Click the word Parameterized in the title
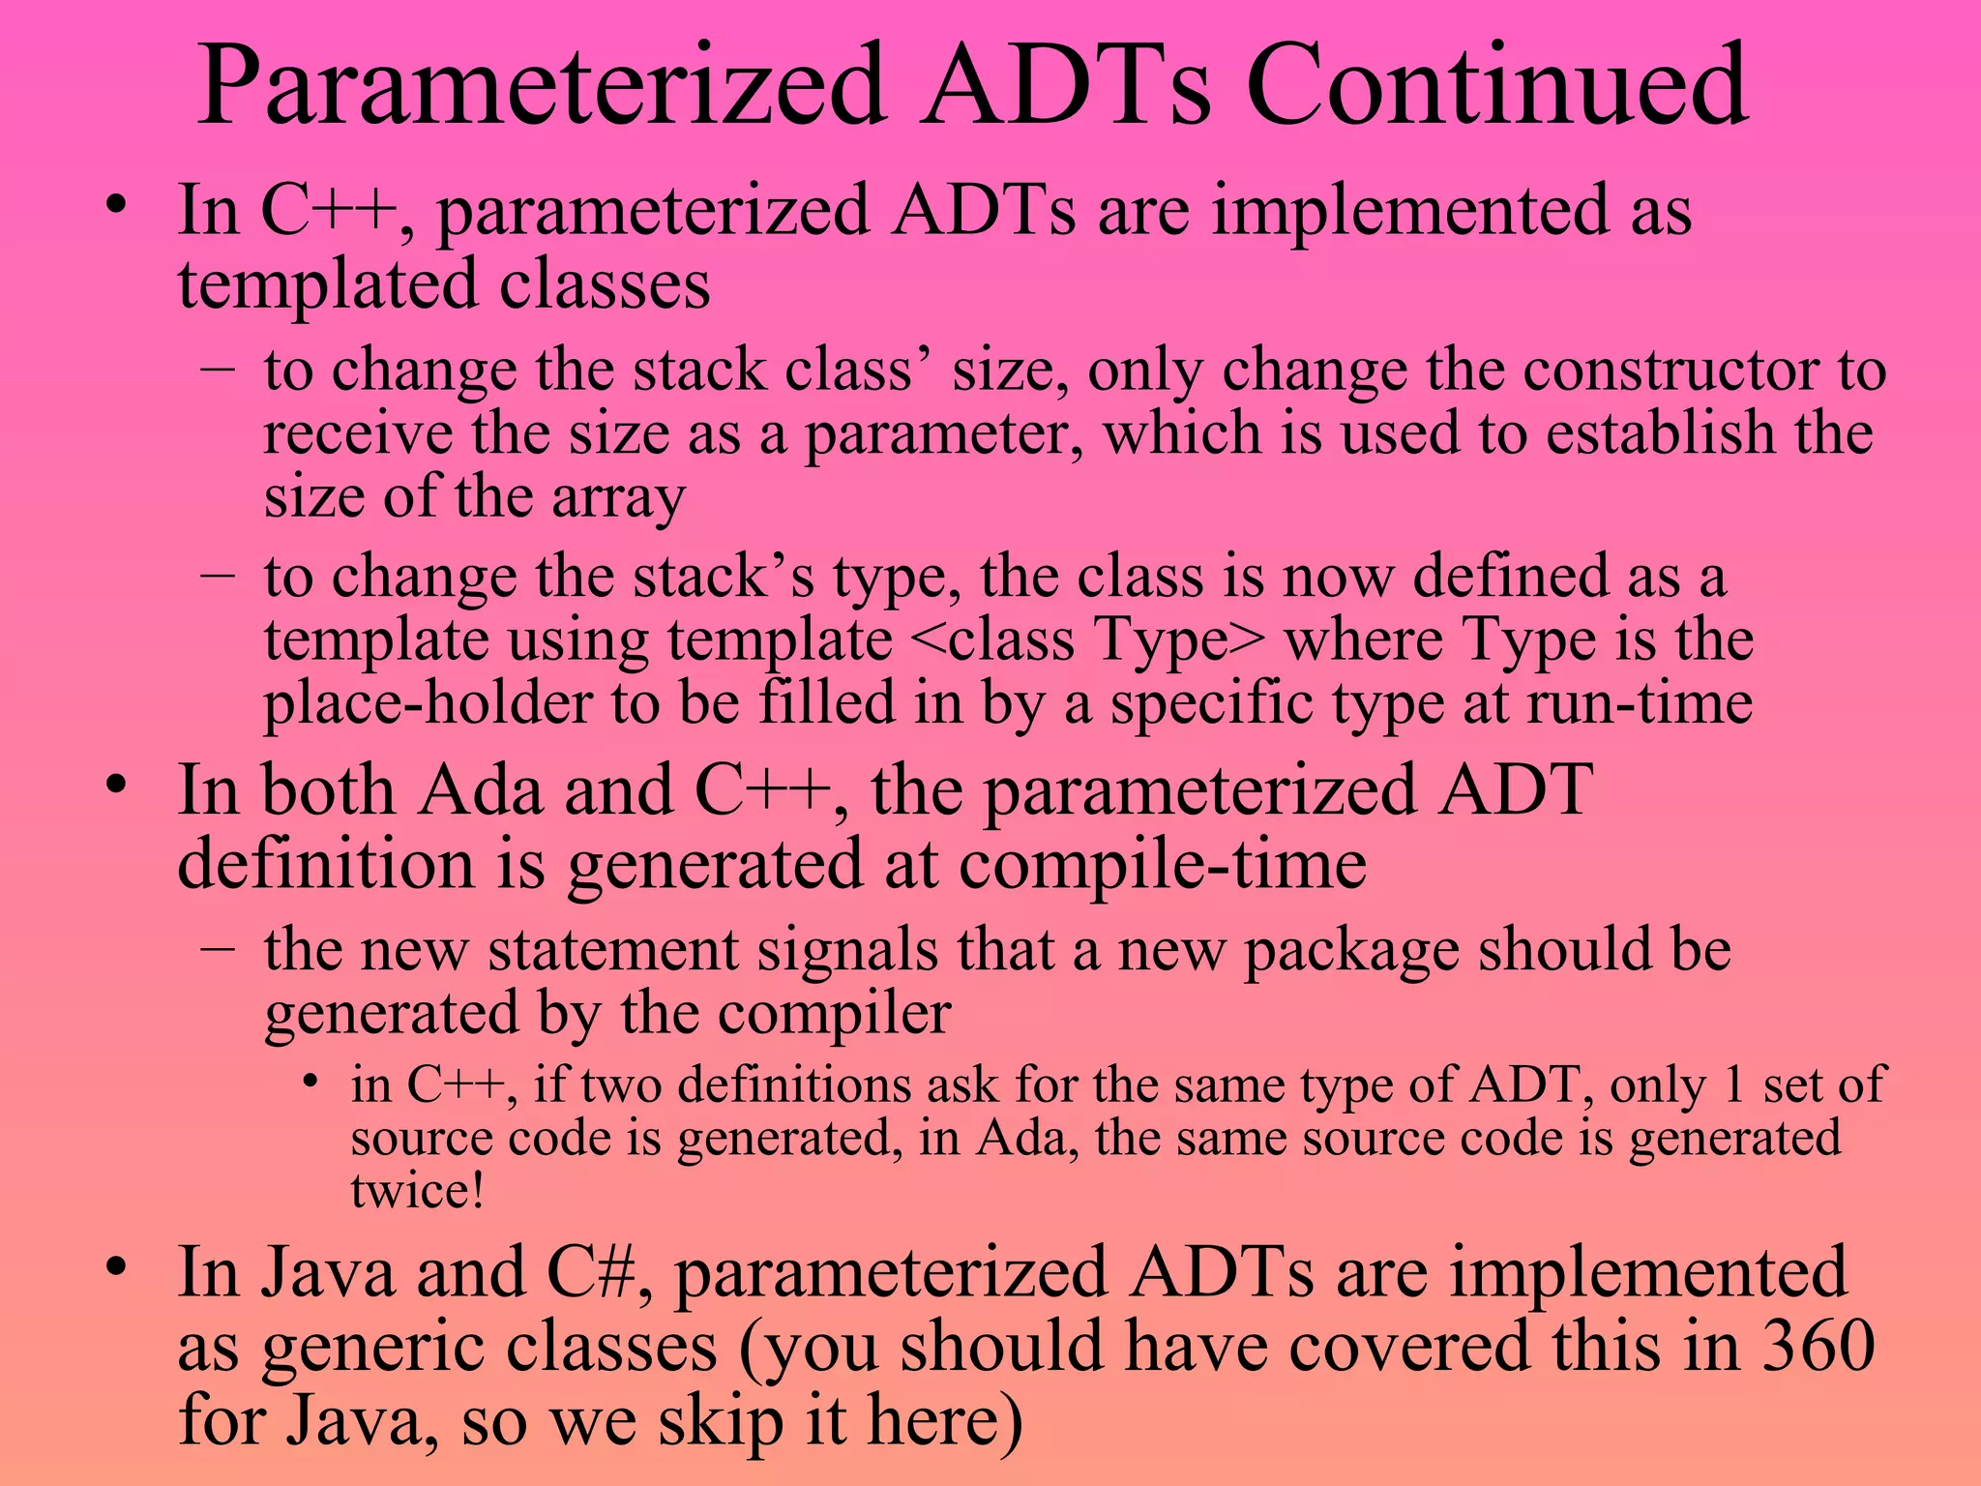click(x=542, y=87)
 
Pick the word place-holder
click(x=428, y=703)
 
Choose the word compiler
click(x=834, y=1014)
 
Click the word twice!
click(x=417, y=1190)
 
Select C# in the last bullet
click(x=590, y=1272)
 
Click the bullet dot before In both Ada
click(x=117, y=785)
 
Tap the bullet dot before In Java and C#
click(x=117, y=1266)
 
